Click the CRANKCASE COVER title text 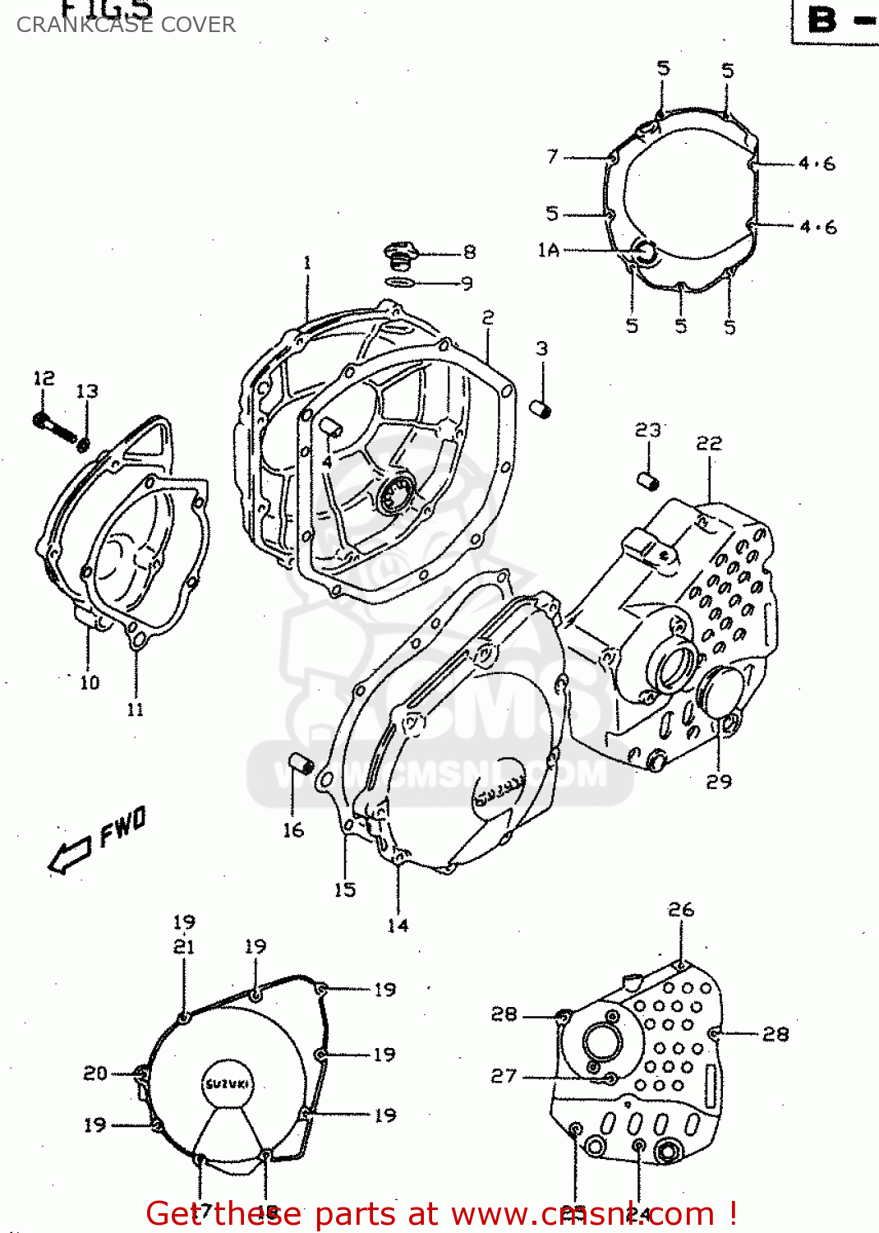click(126, 25)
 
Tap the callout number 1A click(548, 250)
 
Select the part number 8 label click(469, 252)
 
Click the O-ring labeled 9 click(400, 282)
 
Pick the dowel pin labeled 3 click(540, 409)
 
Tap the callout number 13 click(87, 391)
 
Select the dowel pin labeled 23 click(647, 479)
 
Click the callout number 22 click(709, 444)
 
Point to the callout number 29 click(719, 782)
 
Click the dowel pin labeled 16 click(302, 767)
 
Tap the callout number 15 click(345, 889)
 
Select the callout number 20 click(95, 1073)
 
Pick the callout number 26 click(681, 910)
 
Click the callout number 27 click(504, 1076)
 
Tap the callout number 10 click(90, 682)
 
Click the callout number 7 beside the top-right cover click(552, 156)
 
